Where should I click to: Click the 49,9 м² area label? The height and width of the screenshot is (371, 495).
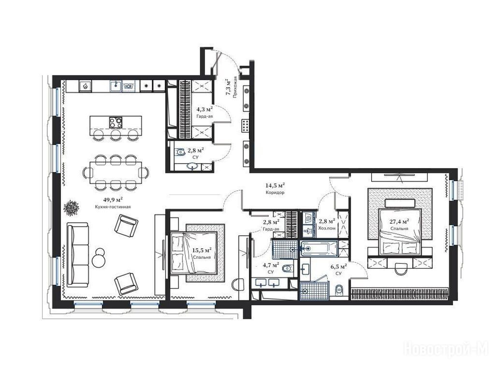[x=113, y=200]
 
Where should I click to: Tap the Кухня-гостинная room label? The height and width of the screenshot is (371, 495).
[x=113, y=207]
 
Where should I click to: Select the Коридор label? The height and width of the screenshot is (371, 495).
[x=275, y=192]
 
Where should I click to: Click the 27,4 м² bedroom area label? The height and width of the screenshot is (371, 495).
[x=399, y=221]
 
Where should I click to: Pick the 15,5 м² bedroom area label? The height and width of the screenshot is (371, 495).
[x=202, y=251]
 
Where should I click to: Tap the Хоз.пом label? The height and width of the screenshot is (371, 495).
[x=327, y=228]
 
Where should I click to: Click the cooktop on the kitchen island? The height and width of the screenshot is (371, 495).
[x=116, y=122]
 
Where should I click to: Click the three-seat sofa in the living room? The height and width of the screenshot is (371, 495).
[x=78, y=255]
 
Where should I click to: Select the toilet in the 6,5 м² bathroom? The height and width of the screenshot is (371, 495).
[x=339, y=290]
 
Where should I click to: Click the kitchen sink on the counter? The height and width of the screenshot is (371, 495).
[x=116, y=86]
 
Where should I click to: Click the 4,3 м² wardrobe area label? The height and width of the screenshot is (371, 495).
[x=204, y=110]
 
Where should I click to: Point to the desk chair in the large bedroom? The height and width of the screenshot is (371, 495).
[x=400, y=269]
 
